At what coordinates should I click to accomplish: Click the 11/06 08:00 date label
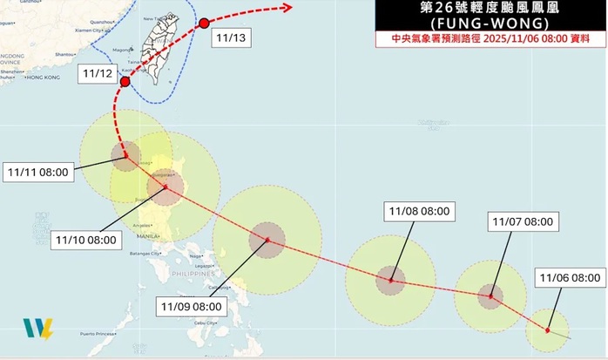pyautogui.click(x=570, y=278)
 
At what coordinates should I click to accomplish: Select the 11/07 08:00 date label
pyautogui.click(x=522, y=222)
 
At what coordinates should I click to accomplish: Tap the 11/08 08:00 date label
pyautogui.click(x=420, y=211)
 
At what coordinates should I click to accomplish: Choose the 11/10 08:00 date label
pyautogui.click(x=85, y=239)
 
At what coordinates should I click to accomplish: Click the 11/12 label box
pyautogui.click(x=97, y=74)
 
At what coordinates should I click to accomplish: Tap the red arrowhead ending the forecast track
pyautogui.click(x=287, y=8)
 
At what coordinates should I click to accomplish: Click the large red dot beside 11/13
pyautogui.click(x=204, y=24)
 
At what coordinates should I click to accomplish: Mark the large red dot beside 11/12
pyautogui.click(x=125, y=82)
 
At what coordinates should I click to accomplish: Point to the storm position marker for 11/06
pyautogui.click(x=547, y=329)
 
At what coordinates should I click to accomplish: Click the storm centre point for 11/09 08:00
pyautogui.click(x=267, y=240)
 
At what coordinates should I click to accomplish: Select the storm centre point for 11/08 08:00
pyautogui.click(x=391, y=281)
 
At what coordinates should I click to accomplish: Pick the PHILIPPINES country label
pyautogui.click(x=197, y=274)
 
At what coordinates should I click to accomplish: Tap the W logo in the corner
pyautogui.click(x=37, y=329)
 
